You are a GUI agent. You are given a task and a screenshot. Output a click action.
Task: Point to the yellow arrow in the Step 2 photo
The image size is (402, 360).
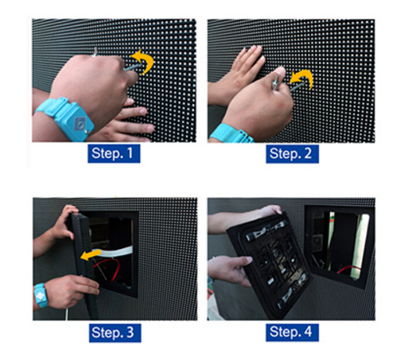coord(301,77)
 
